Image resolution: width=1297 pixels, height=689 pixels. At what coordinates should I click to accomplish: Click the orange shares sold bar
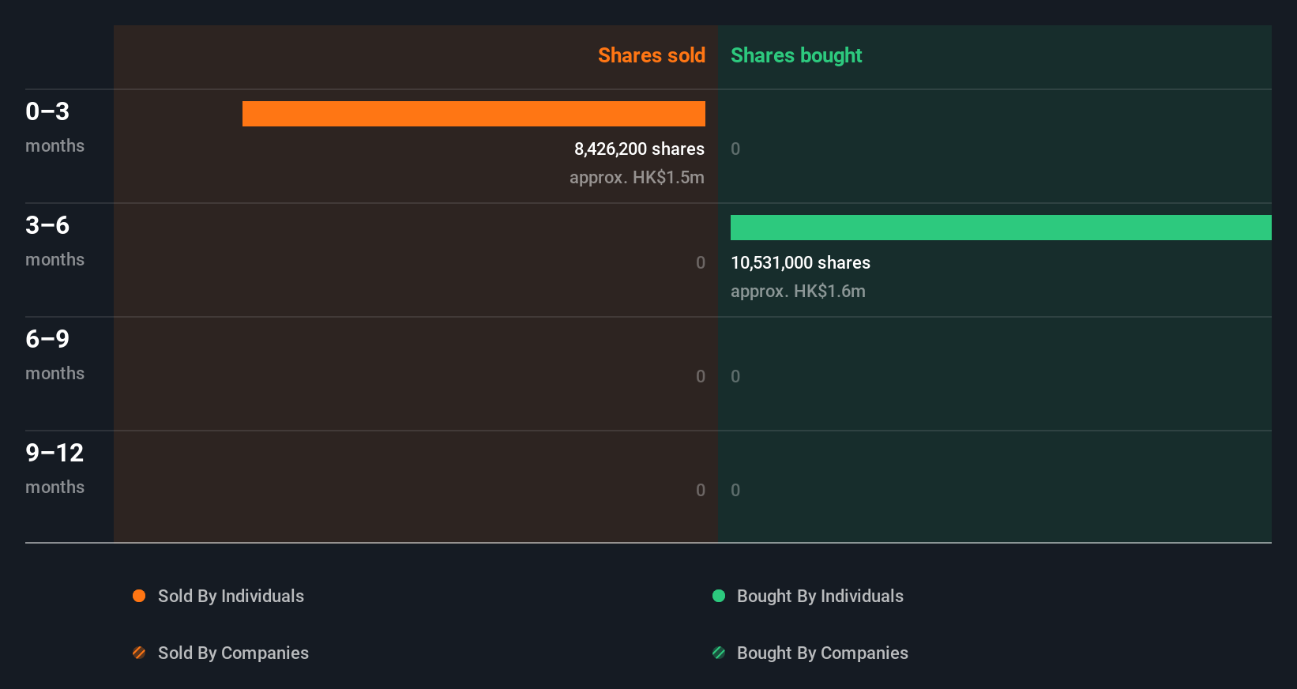tap(474, 114)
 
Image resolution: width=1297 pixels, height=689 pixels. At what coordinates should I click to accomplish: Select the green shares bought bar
tap(1001, 228)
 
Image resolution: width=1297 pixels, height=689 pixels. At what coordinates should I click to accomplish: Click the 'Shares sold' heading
tap(651, 55)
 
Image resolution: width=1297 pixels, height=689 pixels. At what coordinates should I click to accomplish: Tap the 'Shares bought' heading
tap(795, 55)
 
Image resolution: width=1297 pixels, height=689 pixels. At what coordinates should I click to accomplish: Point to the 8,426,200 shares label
tap(639, 149)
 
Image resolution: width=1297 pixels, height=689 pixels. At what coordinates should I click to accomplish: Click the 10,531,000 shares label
tap(800, 262)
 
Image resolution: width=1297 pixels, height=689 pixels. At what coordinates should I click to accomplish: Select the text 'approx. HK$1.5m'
tap(637, 177)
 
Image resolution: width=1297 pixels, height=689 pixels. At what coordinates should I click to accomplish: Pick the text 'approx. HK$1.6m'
tap(798, 291)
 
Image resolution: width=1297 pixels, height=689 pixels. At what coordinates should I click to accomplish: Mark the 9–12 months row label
tap(54, 468)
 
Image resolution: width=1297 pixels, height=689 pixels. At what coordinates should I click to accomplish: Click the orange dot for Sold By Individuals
tap(139, 596)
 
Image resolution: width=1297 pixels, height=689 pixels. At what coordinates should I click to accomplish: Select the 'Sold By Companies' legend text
tap(233, 653)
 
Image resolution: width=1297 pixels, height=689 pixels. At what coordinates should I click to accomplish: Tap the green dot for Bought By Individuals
tap(719, 596)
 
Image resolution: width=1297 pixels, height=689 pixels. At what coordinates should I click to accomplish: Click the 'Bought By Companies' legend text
tap(822, 653)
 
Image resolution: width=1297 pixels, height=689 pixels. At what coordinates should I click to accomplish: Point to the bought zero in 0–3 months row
tap(735, 149)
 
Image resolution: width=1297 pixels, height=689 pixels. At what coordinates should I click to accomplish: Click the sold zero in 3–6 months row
tap(701, 262)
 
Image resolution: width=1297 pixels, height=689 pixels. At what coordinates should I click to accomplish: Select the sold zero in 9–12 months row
tap(701, 490)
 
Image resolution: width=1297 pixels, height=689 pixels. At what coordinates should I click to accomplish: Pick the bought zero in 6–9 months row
tap(735, 376)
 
